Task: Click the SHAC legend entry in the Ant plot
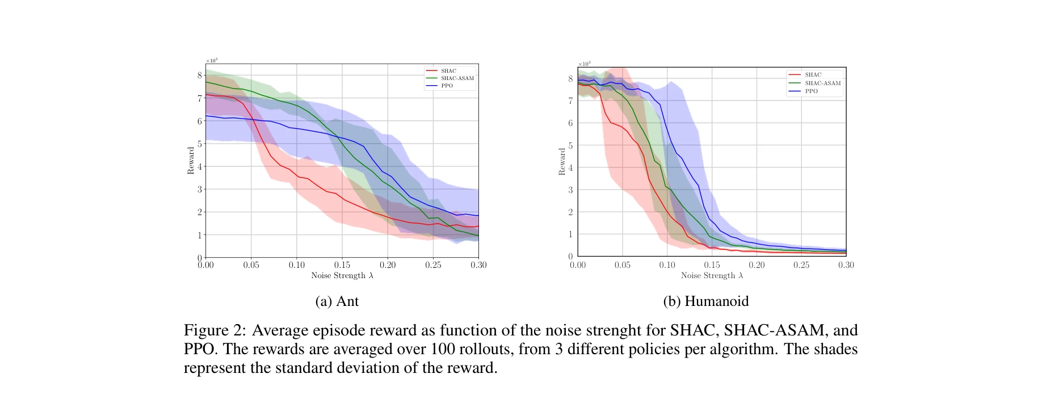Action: click(x=448, y=71)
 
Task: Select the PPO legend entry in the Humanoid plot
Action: click(x=811, y=91)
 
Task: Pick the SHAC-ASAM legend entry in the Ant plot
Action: click(x=457, y=78)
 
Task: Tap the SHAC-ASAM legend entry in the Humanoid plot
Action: click(x=822, y=83)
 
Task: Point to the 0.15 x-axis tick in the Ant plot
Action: click(x=342, y=265)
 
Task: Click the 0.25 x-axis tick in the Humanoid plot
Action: click(x=801, y=265)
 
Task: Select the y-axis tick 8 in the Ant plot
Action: click(x=200, y=75)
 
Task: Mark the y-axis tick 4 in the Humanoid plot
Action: click(x=571, y=167)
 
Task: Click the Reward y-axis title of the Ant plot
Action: click(x=191, y=161)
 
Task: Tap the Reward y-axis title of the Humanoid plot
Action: click(x=562, y=162)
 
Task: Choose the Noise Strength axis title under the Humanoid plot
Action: click(x=712, y=276)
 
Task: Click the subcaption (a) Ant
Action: click(x=337, y=301)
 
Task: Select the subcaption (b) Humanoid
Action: click(x=705, y=301)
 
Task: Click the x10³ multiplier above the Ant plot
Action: click(x=212, y=60)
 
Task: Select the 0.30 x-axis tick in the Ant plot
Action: click(x=478, y=265)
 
